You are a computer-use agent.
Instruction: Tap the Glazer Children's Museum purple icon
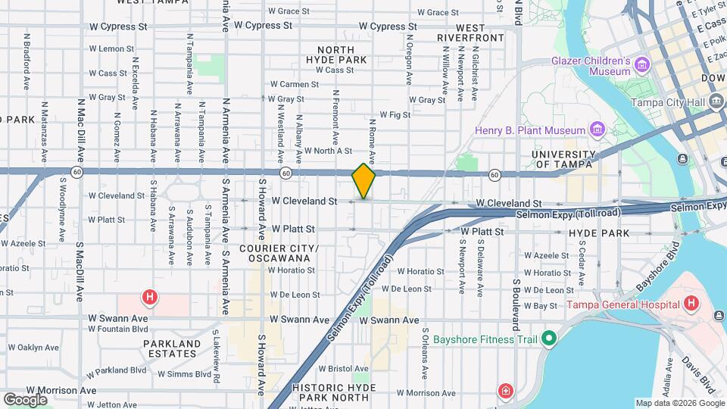(644, 64)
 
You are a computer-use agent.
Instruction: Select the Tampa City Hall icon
(716, 102)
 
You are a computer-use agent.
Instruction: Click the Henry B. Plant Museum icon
(598, 130)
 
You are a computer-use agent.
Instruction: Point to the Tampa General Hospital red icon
(690, 304)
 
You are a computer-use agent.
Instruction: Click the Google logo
(24, 399)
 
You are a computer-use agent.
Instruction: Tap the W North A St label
(322, 151)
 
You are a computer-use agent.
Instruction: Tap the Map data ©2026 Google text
(679, 403)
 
